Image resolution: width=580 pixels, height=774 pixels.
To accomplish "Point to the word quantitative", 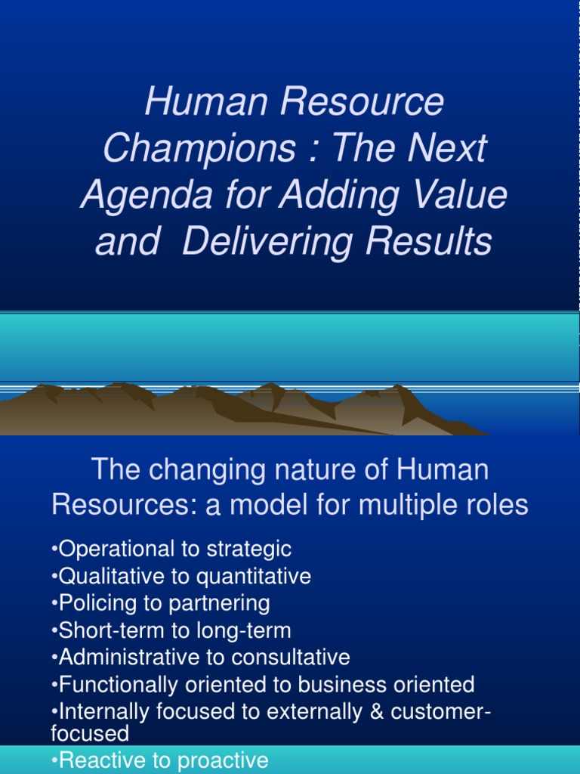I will coord(254,576).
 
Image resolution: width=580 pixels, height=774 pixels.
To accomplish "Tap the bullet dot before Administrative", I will coord(54,658).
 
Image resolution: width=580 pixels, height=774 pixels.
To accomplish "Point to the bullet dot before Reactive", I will coord(54,760).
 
